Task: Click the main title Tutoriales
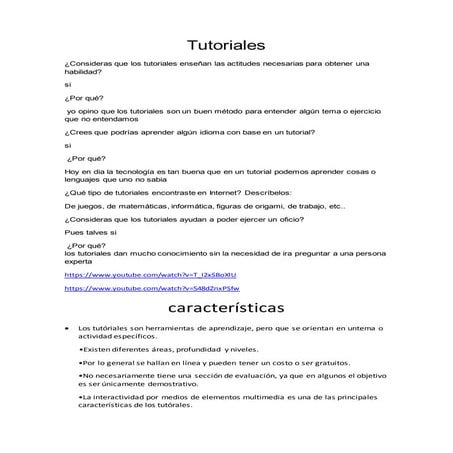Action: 226,46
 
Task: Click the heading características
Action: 226,303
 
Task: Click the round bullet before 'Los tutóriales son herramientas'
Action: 65,327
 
